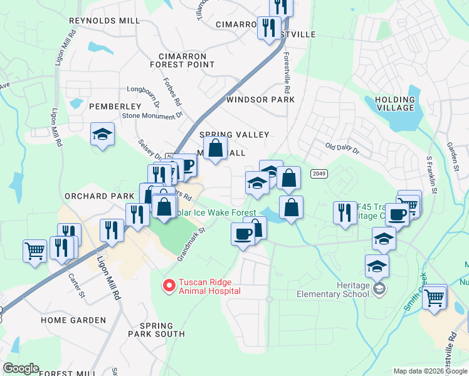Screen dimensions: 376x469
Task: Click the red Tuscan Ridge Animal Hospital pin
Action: [x=169, y=286]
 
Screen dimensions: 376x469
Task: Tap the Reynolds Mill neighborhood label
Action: [x=104, y=21]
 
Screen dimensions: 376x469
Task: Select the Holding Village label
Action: [x=395, y=103]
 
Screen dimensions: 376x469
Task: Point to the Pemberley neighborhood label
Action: [x=115, y=107]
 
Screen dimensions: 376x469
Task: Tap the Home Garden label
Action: [x=73, y=320]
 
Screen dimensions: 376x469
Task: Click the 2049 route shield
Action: [x=319, y=174]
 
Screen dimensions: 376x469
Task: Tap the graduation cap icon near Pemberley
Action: [x=102, y=134]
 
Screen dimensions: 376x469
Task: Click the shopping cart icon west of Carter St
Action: [x=35, y=250]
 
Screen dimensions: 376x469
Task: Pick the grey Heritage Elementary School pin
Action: [x=379, y=289]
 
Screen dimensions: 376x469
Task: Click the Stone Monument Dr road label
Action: [x=152, y=115]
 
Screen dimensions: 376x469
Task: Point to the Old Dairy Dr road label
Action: [x=342, y=150]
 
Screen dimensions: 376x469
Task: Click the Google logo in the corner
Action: [x=21, y=368]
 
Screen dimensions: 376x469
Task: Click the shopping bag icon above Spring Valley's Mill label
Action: [x=216, y=149]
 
